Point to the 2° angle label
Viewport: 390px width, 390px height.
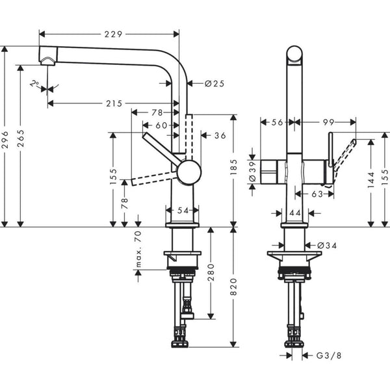coord(34,83)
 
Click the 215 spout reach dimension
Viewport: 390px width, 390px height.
coord(113,104)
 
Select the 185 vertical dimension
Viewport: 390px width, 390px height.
coord(235,171)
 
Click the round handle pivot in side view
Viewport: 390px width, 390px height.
coord(189,172)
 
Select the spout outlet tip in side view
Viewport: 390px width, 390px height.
coord(47,60)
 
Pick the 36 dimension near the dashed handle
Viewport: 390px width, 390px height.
coord(219,135)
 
